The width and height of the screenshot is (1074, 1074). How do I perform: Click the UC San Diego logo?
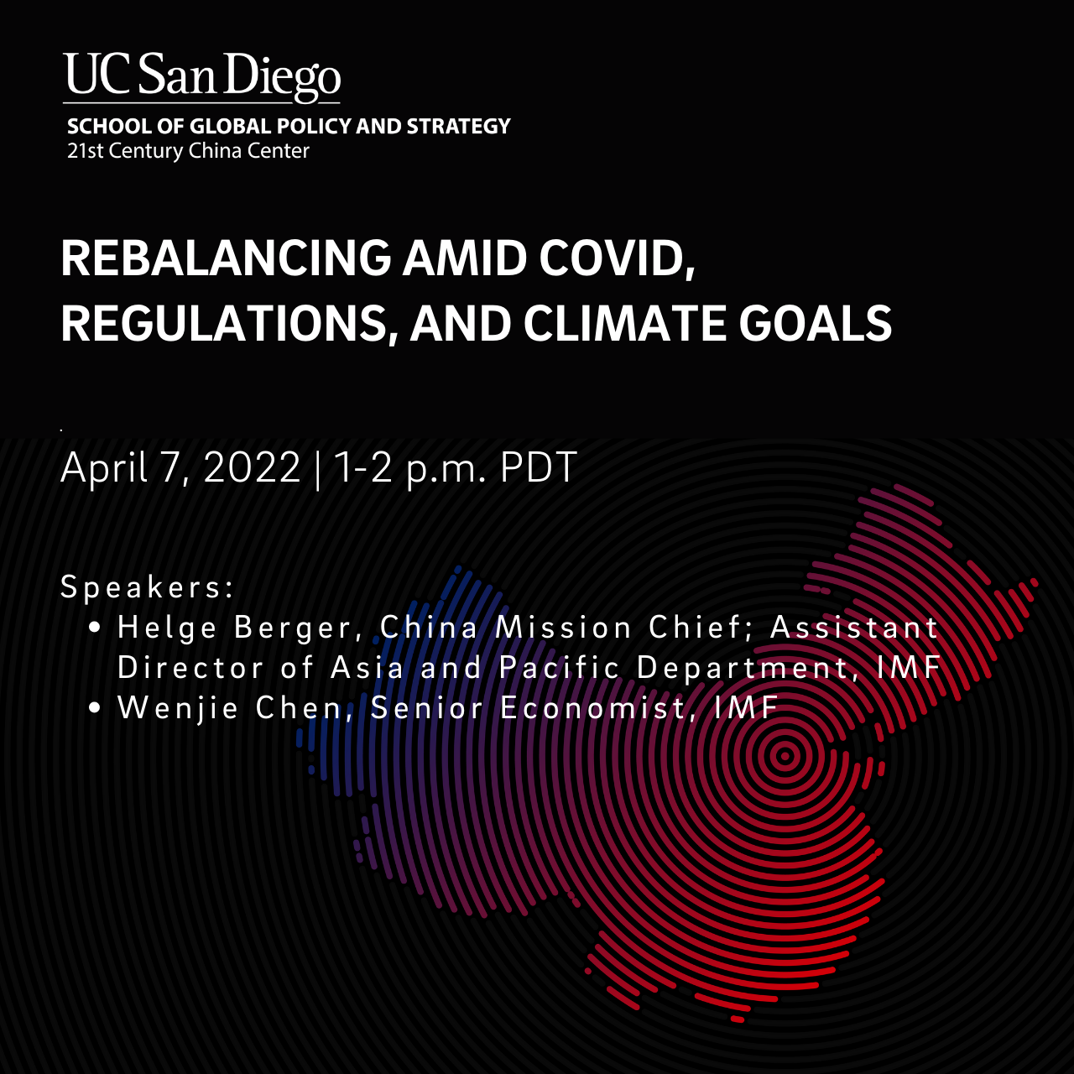(x=201, y=77)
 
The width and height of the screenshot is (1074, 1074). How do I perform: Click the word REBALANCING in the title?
(x=226, y=258)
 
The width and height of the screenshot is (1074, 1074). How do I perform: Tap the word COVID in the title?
(x=617, y=258)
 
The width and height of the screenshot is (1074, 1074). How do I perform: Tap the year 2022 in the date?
(x=252, y=467)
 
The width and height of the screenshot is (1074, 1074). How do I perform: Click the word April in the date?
(x=104, y=468)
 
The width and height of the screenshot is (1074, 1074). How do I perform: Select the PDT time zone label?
(x=539, y=467)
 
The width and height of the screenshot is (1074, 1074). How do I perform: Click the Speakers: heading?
(x=147, y=587)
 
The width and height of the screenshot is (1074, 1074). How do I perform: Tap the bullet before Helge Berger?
(x=95, y=628)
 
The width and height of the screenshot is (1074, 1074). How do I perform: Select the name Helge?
(x=167, y=628)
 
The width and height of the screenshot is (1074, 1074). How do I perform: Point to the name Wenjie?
(x=179, y=709)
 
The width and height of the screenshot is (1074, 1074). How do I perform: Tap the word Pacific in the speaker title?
(x=559, y=667)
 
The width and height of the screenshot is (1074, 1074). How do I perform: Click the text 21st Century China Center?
(x=188, y=151)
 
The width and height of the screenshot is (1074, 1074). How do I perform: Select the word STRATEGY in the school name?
(x=458, y=127)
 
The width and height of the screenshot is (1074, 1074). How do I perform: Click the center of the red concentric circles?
(x=785, y=756)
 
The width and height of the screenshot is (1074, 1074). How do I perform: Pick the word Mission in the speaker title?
(x=563, y=628)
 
